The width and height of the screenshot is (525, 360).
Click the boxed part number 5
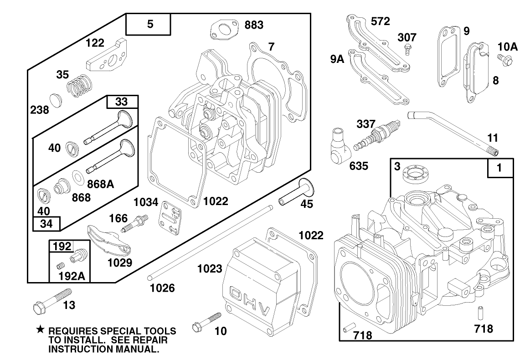click(150, 25)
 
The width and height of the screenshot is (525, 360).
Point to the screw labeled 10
click(206, 321)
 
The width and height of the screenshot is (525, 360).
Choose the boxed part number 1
click(499, 168)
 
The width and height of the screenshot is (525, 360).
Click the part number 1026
click(162, 288)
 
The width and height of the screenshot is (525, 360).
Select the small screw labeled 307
click(408, 49)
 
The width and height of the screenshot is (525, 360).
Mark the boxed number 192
click(62, 247)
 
